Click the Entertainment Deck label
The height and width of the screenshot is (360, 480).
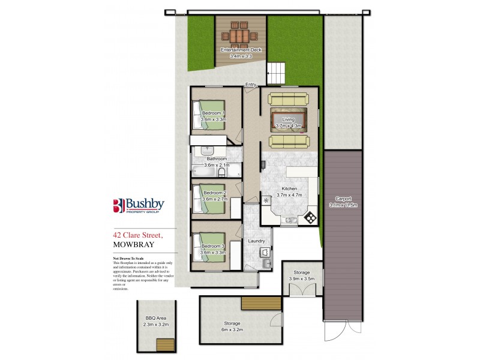[240, 49]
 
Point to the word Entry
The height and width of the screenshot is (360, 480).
[250, 85]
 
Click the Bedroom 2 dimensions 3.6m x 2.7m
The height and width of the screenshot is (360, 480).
[214, 199]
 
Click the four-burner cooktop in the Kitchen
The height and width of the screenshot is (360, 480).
[311, 217]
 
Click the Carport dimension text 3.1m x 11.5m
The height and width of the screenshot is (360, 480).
[343, 205]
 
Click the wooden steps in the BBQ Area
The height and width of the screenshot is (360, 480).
[164, 345]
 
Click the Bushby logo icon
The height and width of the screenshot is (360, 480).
[119, 205]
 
